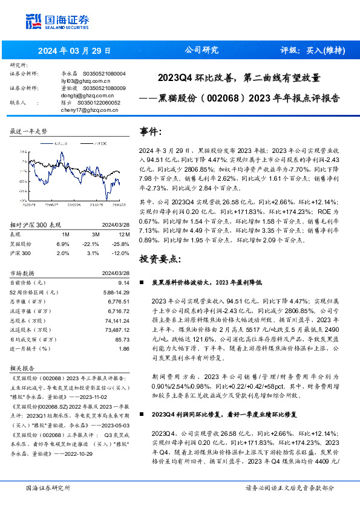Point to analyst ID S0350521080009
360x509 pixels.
click(104, 88)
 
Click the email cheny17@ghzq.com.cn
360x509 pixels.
click(85, 109)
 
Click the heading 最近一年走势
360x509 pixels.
click(28, 131)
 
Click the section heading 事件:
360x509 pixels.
click(151, 131)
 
